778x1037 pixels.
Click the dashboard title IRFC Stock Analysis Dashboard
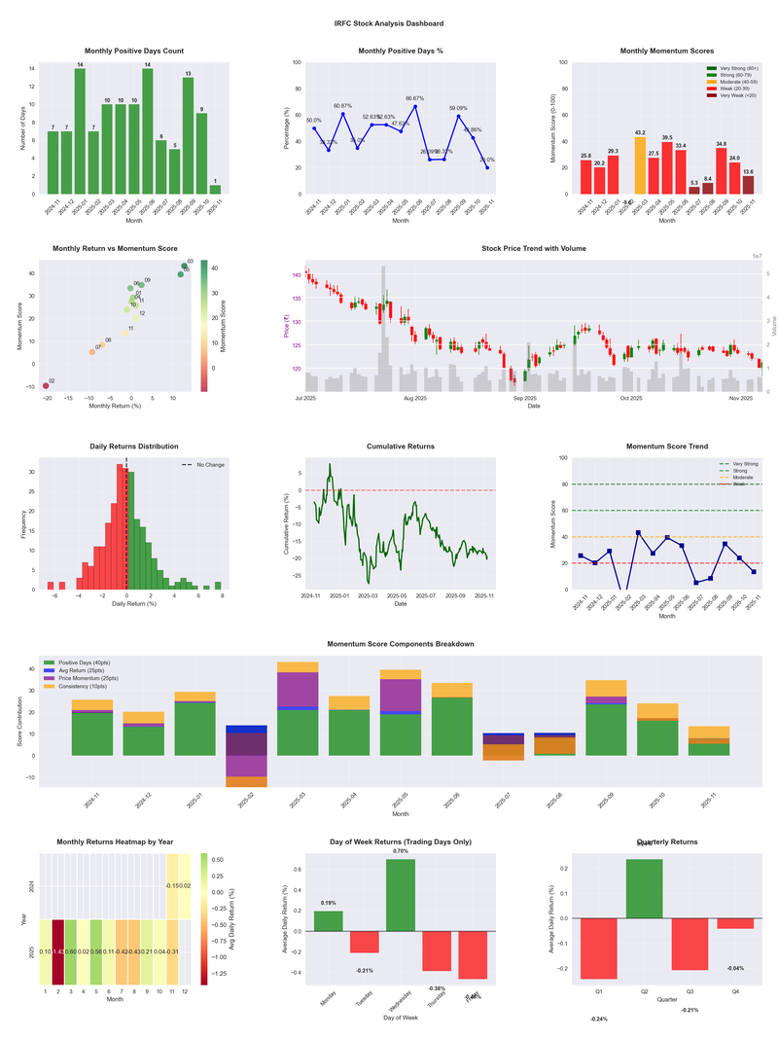point(388,23)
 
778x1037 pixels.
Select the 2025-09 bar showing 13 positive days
point(188,136)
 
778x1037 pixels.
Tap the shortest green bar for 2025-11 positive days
point(215,189)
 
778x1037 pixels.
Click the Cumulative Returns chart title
point(401,446)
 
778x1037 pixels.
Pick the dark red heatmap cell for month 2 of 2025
point(58,950)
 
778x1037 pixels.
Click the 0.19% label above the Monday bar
point(329,903)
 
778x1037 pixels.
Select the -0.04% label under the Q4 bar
point(735,968)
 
